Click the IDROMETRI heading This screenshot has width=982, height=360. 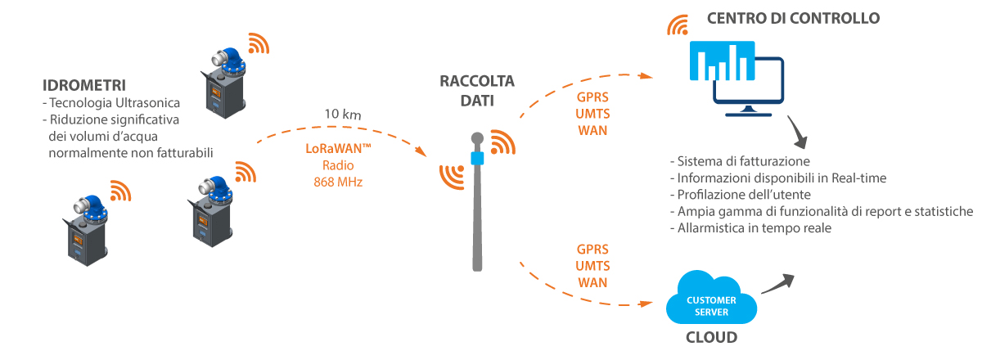coord(83,85)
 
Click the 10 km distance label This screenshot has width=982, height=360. coord(342,115)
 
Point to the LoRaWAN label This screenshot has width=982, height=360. coord(338,149)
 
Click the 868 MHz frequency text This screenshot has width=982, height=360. coord(338,182)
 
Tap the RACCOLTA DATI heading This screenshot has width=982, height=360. coord(477,90)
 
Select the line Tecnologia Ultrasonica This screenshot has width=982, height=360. coord(114,103)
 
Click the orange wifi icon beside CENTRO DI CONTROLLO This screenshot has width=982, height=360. coord(677,26)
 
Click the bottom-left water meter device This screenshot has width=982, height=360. coord(85,227)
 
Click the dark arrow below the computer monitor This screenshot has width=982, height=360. coord(797,131)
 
